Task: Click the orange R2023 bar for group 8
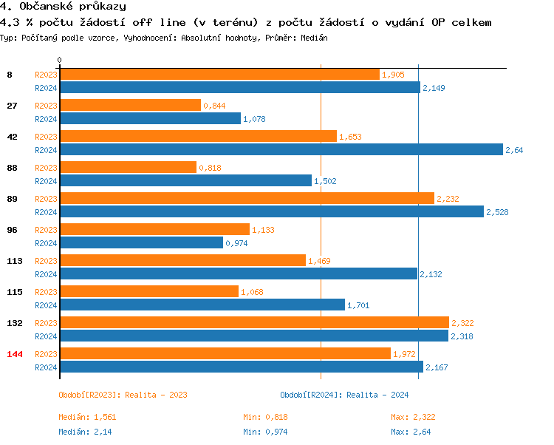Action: pos(219,74)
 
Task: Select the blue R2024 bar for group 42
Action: pos(281,149)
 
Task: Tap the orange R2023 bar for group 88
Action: pos(128,167)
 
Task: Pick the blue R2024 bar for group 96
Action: pos(140,242)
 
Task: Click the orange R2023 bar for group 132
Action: pos(254,322)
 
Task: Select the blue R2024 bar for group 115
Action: pos(202,305)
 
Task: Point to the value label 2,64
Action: pos(514,150)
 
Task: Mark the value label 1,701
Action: pos(358,305)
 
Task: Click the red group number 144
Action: pos(15,354)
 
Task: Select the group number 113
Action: pos(15,260)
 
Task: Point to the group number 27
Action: pos(12,106)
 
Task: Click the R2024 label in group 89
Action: pos(46,212)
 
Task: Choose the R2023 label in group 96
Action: pos(46,230)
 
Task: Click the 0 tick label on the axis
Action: pos(60,60)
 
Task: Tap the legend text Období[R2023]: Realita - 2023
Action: pos(123,395)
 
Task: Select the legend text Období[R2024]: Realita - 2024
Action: pos(344,395)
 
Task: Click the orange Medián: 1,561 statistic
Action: pos(87,417)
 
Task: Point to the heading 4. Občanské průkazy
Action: pos(64,7)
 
